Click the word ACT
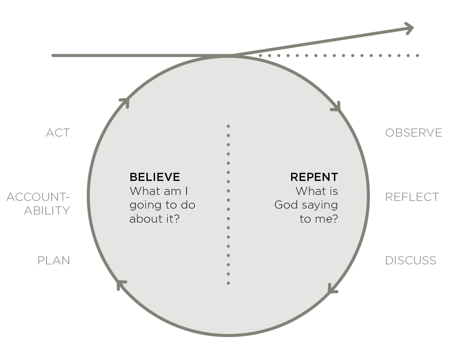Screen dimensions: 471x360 click(58, 133)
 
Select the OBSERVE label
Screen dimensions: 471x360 click(413, 133)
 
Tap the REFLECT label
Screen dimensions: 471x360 click(412, 197)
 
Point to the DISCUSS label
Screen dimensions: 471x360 click(410, 261)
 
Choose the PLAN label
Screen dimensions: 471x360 click(54, 261)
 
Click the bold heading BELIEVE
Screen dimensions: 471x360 click(155, 177)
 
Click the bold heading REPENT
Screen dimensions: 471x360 click(314, 177)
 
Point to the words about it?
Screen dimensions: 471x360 click(154, 219)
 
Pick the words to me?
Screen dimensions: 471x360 click(319, 219)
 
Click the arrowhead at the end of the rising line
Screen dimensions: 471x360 click(409, 28)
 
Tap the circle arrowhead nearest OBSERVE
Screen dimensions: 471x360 click(337, 107)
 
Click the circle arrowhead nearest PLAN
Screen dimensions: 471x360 click(121, 285)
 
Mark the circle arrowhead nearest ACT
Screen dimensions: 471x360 click(125, 103)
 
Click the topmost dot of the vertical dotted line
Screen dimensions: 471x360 click(228, 126)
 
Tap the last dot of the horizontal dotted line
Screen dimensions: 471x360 click(417, 55)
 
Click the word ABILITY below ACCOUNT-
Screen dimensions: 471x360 click(47, 210)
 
